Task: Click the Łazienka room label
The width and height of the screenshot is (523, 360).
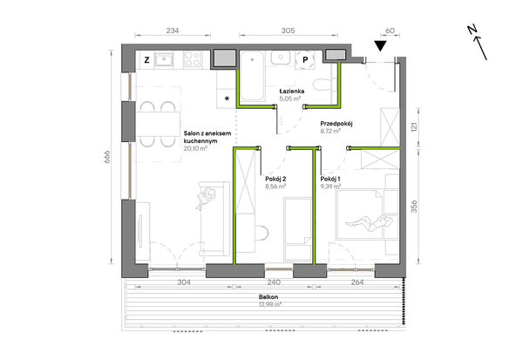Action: [292, 91]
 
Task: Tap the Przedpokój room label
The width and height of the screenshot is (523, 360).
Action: [336, 124]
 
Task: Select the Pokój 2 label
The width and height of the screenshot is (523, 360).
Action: [275, 180]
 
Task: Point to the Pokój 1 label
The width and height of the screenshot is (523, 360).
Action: [330, 180]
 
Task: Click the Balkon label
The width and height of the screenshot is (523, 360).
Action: [268, 297]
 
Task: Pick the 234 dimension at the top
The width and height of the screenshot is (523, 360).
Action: [173, 31]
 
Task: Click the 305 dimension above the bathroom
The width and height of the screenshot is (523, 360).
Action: [288, 31]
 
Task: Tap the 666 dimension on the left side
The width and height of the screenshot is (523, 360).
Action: [106, 157]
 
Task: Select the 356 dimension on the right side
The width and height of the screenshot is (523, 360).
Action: [414, 207]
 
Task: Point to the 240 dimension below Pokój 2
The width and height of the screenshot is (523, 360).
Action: [274, 282]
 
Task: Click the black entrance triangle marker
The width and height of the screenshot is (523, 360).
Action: [380, 45]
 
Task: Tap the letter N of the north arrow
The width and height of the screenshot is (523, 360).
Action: [472, 30]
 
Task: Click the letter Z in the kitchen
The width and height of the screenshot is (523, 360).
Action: [146, 60]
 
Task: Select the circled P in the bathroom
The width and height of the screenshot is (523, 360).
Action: [305, 60]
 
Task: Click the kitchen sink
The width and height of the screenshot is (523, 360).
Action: [164, 60]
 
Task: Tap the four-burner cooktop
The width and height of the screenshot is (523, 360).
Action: [193, 59]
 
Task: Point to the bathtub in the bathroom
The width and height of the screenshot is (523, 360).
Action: [253, 77]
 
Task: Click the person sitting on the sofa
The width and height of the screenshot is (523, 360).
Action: [206, 198]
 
